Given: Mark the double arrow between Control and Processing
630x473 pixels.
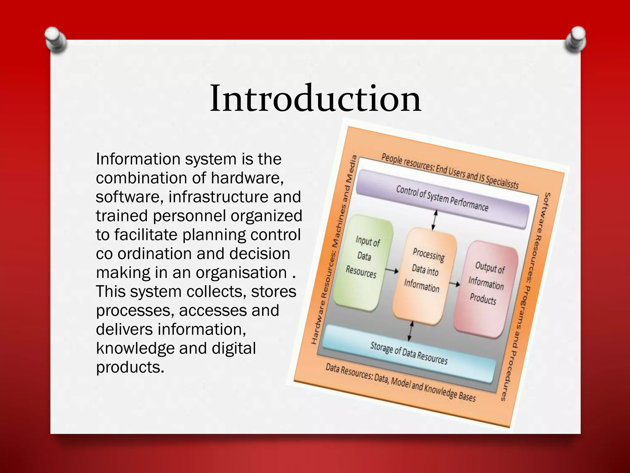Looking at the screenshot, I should (x=434, y=220).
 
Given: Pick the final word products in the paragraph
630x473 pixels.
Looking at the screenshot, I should (x=130, y=367).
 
